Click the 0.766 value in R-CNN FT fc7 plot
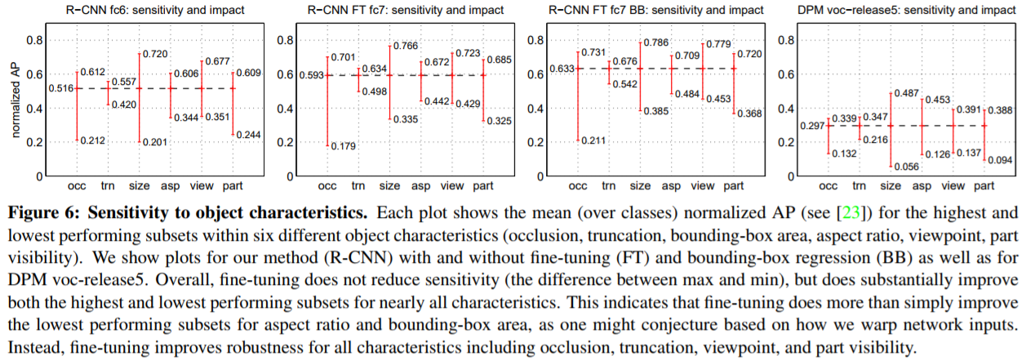(x=406, y=46)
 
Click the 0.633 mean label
(x=562, y=69)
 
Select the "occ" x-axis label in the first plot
(x=78, y=187)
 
